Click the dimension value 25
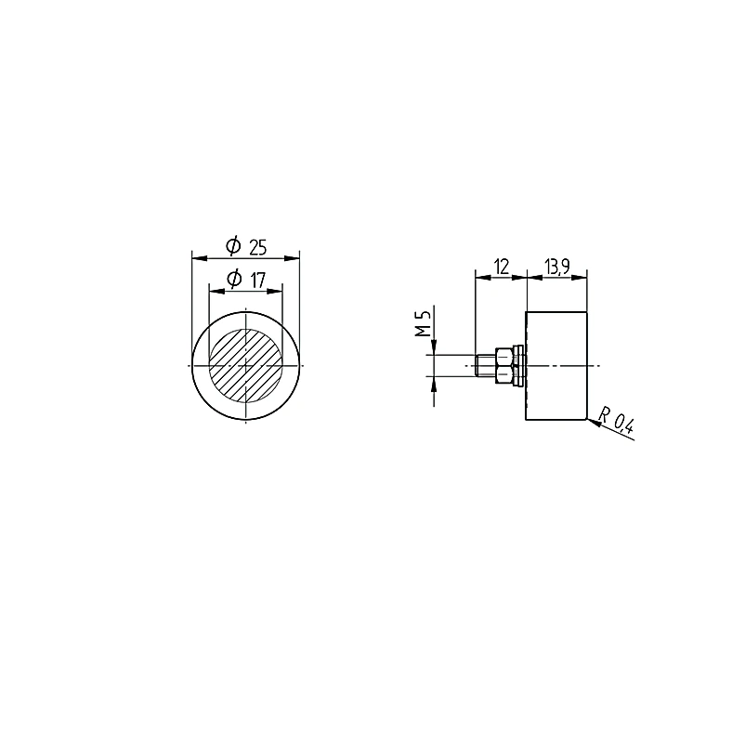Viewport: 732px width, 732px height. [257, 248]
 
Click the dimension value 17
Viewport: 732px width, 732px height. [257, 281]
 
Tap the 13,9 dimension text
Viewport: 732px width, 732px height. [556, 267]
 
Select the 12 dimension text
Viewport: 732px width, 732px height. [502, 267]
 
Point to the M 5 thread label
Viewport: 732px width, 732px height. [423, 325]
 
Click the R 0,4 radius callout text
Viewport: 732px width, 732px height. [617, 421]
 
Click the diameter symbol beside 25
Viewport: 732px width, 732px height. [233, 246]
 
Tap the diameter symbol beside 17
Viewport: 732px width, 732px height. [234, 279]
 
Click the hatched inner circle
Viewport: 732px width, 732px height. [245, 365]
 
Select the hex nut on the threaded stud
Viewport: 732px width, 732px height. [504, 365]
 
